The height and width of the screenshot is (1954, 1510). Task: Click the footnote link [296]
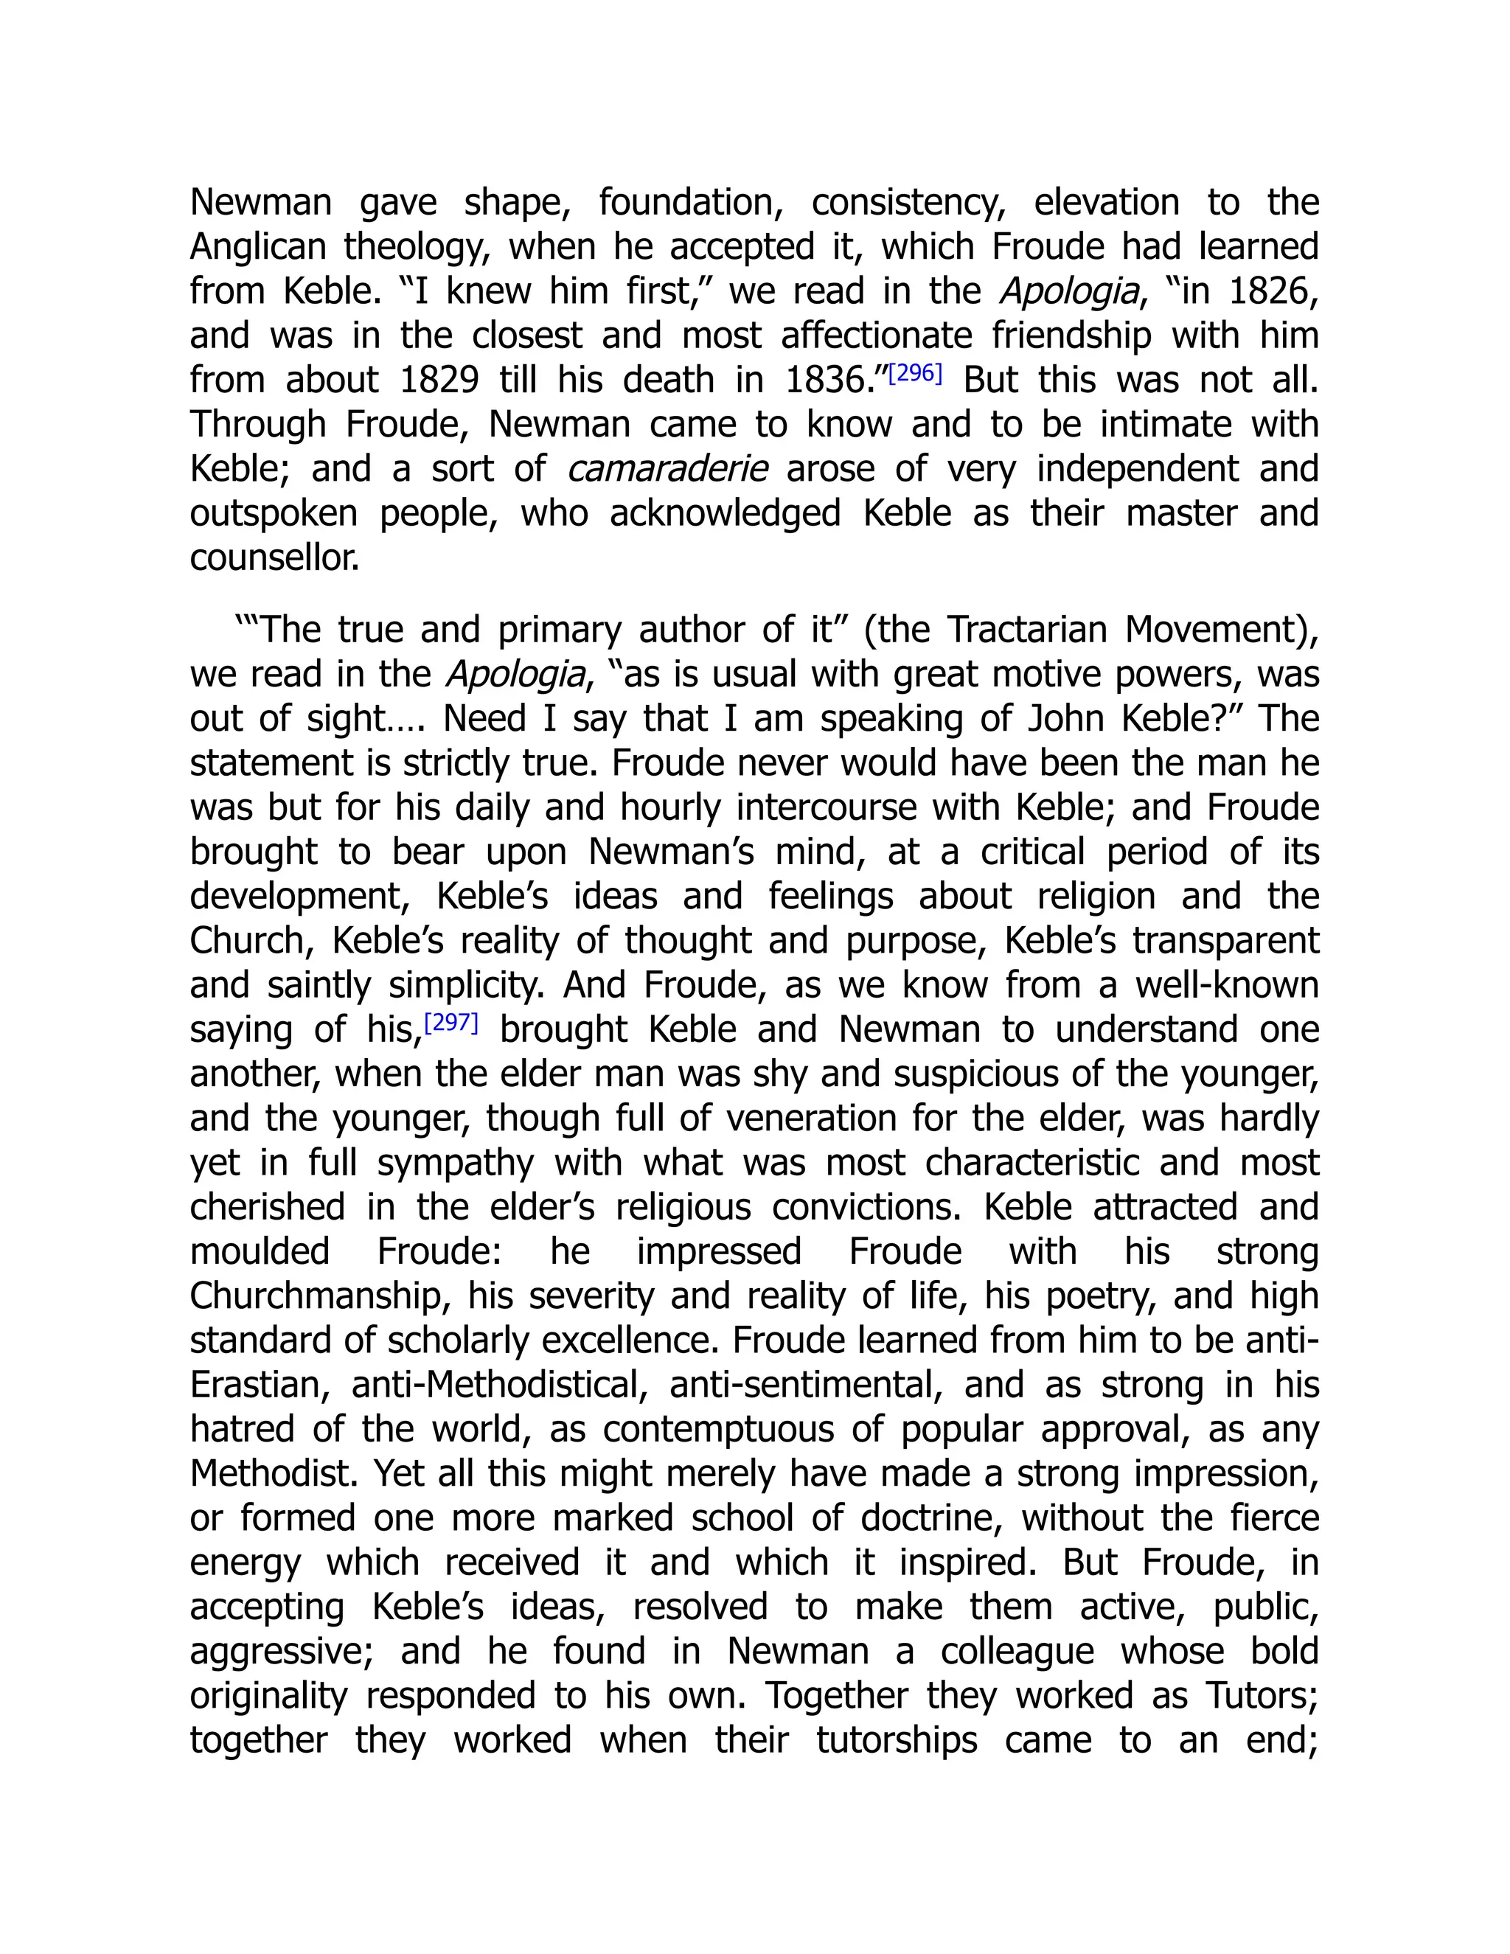tap(915, 373)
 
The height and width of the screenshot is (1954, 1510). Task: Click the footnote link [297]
tap(450, 1022)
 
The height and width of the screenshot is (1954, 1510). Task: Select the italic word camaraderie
tap(667, 469)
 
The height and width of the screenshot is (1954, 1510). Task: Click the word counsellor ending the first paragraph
tap(274, 558)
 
